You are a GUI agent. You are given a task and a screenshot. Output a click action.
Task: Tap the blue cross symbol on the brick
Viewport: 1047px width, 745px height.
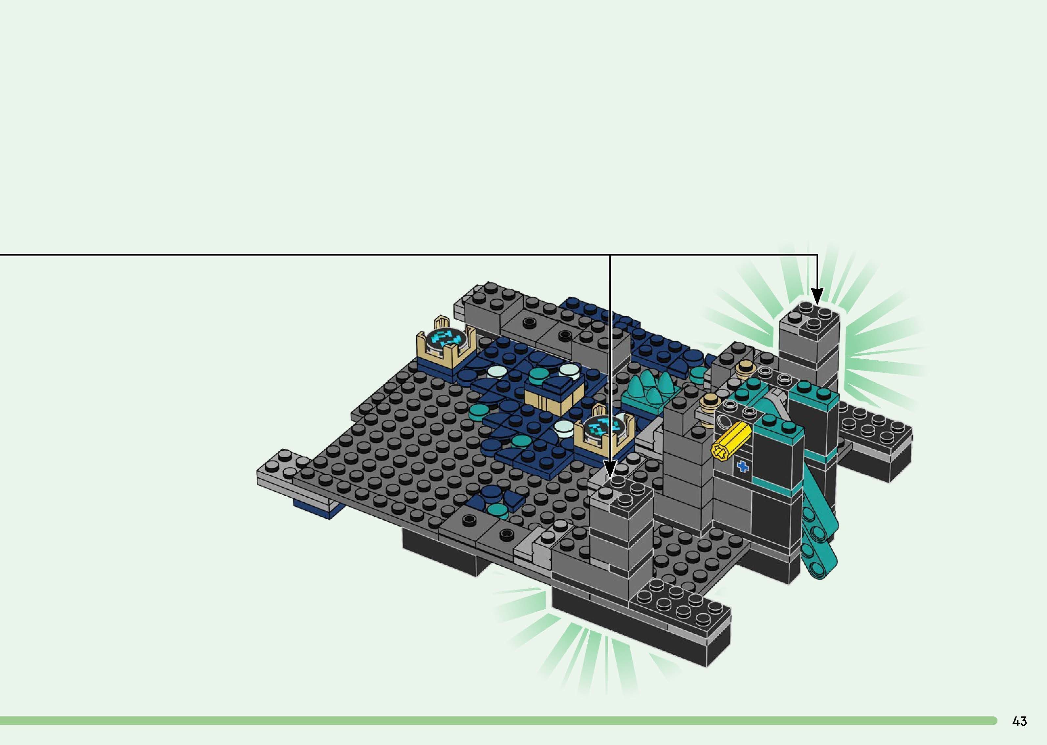741,467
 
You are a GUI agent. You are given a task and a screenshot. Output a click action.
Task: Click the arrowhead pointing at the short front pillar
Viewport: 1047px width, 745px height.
610,470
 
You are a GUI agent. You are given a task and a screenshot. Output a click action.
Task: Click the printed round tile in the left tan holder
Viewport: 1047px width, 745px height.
443,339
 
